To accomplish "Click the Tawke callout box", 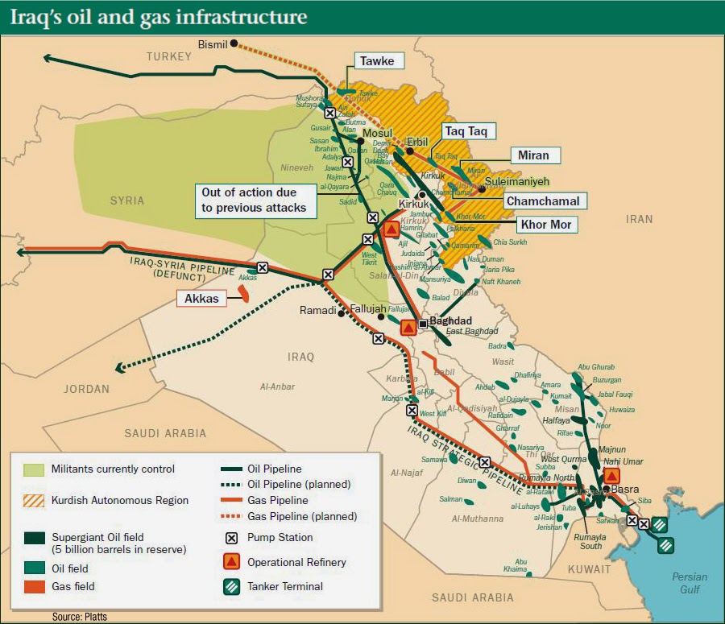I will pyautogui.click(x=376, y=61).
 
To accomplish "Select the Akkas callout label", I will pyautogui.click(x=201, y=299).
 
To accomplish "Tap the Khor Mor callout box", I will pyautogui.click(x=545, y=225).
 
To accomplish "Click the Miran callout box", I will pyautogui.click(x=532, y=155).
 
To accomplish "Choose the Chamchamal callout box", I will pyautogui.click(x=543, y=200).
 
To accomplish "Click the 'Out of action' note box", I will pyautogui.click(x=254, y=200).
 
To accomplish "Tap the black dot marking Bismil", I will pyautogui.click(x=234, y=43).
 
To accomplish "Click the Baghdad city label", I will pyautogui.click(x=450, y=320).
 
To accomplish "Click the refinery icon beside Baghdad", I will pyautogui.click(x=408, y=327).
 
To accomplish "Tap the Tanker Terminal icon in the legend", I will pyautogui.click(x=232, y=586).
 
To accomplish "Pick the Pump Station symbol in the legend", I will pyautogui.click(x=232, y=538).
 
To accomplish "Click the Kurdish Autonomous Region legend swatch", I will pyautogui.click(x=34, y=500).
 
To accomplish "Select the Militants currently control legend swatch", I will pyautogui.click(x=34, y=469).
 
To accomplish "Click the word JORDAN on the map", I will pyautogui.click(x=88, y=389).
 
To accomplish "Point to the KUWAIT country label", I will pyautogui.click(x=588, y=569).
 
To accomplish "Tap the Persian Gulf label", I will pyautogui.click(x=690, y=583).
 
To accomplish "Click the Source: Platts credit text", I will pyautogui.click(x=79, y=617).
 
